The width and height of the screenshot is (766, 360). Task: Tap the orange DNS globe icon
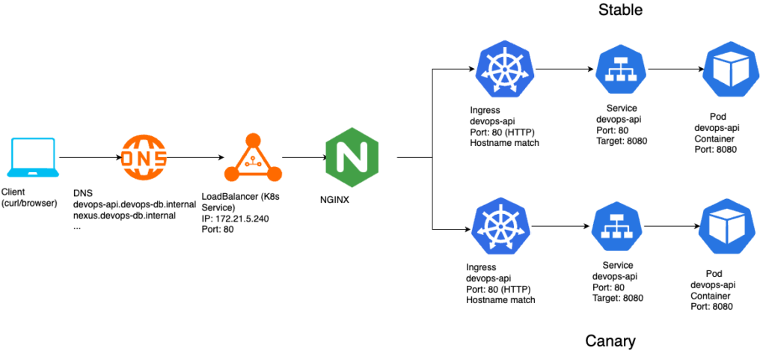(144, 158)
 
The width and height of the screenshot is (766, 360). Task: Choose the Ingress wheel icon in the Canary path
(500, 227)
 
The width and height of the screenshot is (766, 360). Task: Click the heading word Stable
(620, 10)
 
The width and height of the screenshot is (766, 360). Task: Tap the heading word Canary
(610, 341)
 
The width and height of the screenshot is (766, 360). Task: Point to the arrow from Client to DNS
(88, 158)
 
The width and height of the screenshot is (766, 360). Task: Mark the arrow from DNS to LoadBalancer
(196, 158)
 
